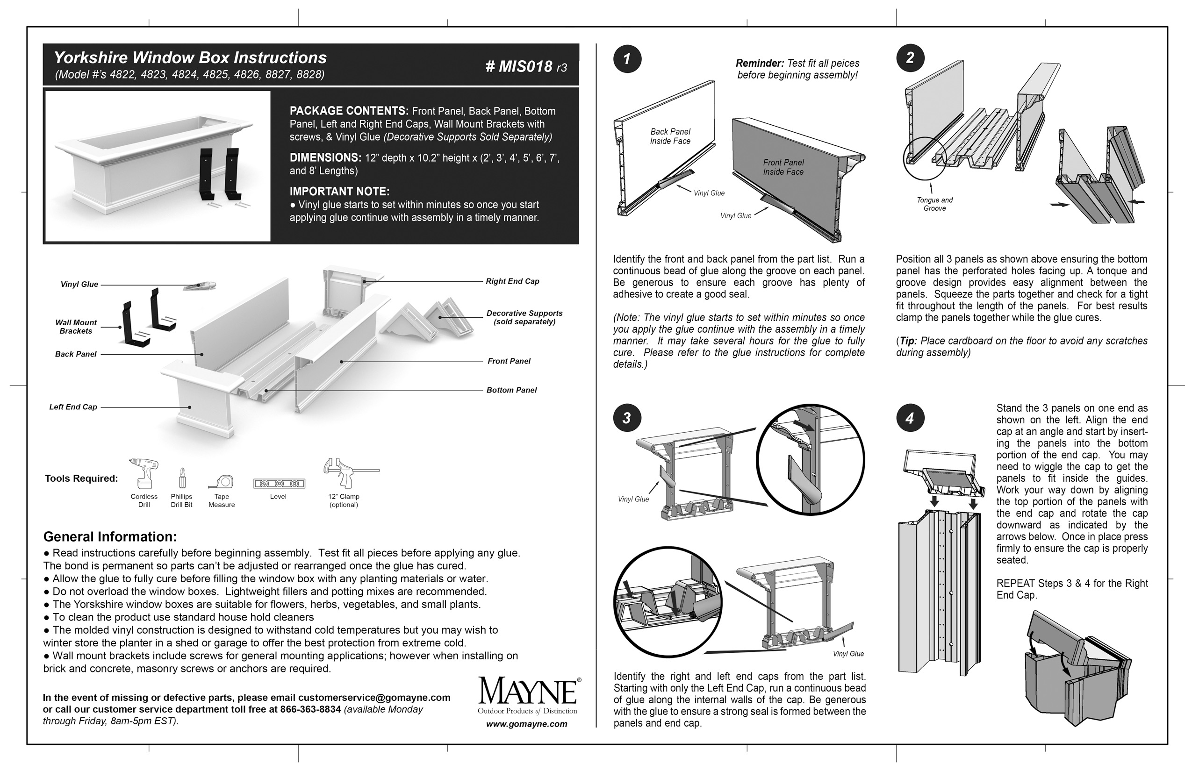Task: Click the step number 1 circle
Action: pos(627,59)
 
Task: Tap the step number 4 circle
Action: pos(910,418)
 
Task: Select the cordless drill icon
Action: pos(144,473)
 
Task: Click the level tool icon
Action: pos(279,484)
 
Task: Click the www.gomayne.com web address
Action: pos(526,724)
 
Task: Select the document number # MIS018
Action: pos(525,66)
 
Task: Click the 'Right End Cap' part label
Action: pos(512,281)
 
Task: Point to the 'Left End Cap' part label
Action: pos(73,407)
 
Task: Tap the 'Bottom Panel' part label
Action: pos(511,390)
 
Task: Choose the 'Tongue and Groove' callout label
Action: pos(934,204)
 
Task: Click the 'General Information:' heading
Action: pos(110,537)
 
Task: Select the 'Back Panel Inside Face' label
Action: pos(670,136)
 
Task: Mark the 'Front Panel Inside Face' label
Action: pos(783,167)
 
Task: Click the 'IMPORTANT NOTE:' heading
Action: pos(339,191)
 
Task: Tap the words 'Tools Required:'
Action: pos(82,478)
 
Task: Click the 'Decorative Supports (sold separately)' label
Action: pos(524,317)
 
